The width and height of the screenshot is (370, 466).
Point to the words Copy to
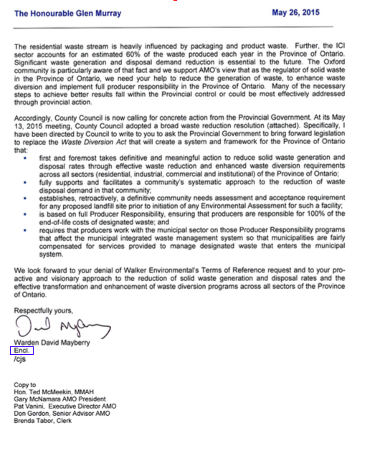tap(25, 385)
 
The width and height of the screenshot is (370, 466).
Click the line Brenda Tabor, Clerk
tap(43, 421)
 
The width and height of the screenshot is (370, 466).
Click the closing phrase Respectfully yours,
tap(42, 310)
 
